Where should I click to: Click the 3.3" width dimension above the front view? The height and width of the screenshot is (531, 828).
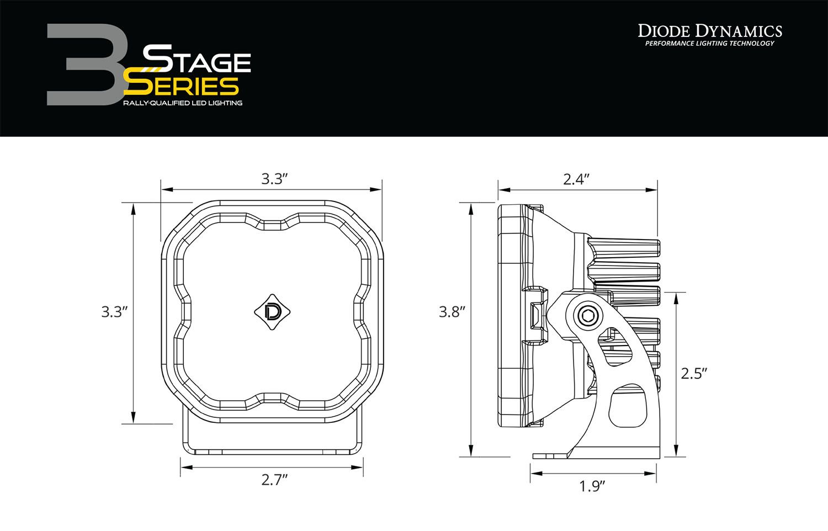[275, 179]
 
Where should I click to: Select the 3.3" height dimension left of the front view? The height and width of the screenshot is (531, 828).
[115, 312]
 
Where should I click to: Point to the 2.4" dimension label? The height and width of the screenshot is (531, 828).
[577, 179]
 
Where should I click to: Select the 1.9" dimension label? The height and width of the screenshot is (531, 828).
[593, 486]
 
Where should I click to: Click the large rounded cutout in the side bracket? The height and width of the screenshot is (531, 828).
[627, 407]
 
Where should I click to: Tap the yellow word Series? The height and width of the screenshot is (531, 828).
[182, 86]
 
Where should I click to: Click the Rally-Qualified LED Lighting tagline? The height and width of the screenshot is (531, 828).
[183, 103]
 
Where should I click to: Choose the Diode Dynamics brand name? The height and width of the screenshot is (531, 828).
[710, 30]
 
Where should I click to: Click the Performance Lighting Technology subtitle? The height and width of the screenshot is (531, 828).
[710, 44]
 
